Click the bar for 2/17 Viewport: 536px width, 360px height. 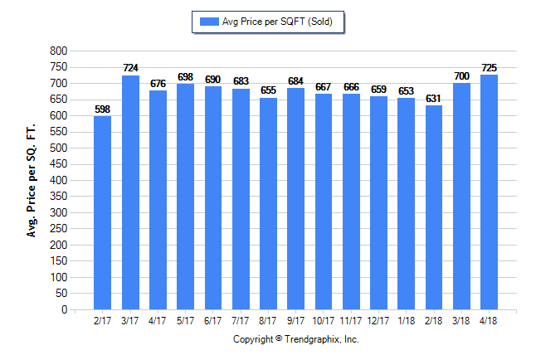102,212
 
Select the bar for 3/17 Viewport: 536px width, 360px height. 130,192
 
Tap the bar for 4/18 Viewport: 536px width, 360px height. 489,192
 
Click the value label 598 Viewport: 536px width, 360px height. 102,109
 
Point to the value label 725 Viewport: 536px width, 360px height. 490,68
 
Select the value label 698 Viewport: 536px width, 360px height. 185,77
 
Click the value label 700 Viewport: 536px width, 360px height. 461,76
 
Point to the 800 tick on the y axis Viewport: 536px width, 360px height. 59,51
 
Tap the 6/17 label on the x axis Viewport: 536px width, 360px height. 212,321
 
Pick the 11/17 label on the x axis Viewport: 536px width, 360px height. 351,321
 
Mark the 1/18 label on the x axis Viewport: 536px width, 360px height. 406,321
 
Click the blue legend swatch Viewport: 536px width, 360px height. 207,22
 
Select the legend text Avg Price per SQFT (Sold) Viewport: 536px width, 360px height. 277,22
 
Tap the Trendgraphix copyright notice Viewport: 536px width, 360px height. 295,339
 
